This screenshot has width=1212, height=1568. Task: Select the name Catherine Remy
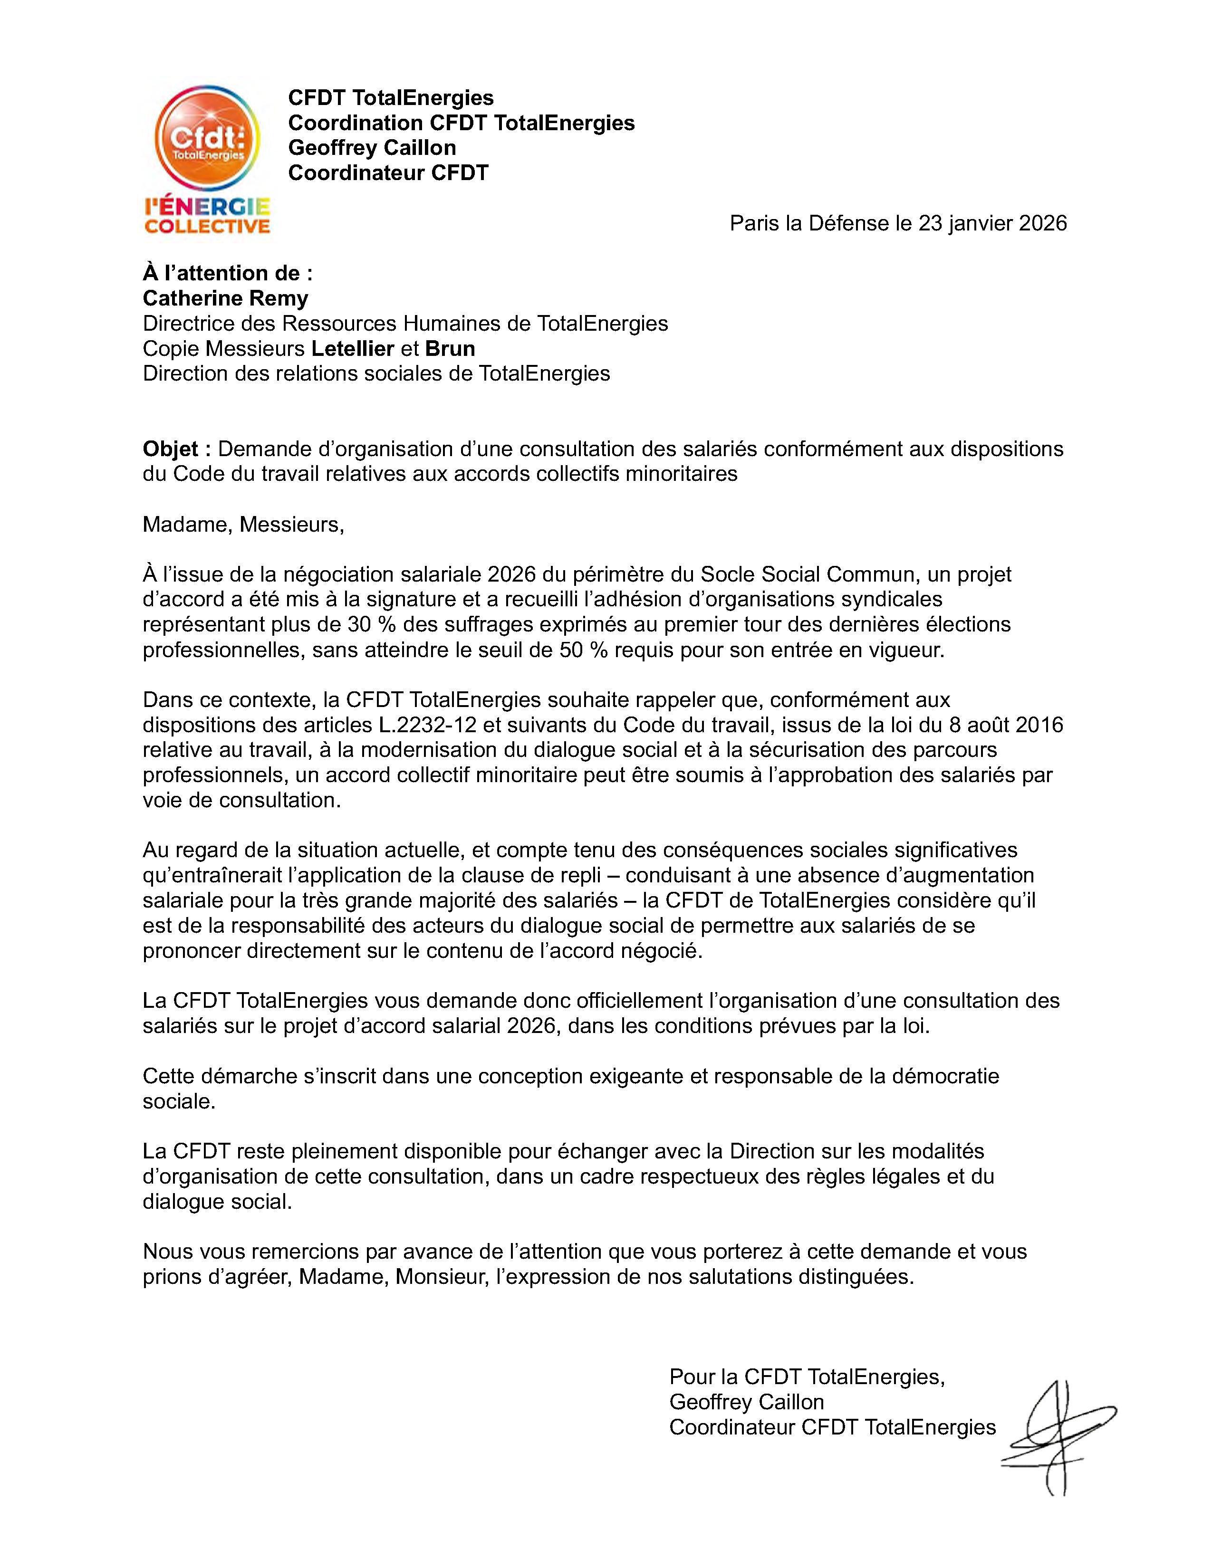225,298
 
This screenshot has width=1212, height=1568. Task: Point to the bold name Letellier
353,348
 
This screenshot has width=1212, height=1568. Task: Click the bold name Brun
450,348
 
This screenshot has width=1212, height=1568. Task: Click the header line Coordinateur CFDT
388,172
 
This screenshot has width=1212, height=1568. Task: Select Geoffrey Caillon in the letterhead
372,147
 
